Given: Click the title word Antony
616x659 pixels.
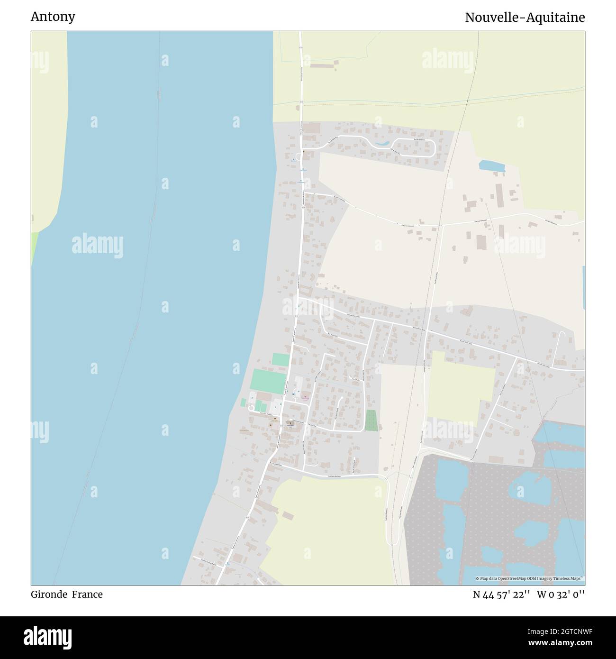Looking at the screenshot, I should (53, 17).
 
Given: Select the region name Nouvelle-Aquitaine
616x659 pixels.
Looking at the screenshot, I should (525, 18).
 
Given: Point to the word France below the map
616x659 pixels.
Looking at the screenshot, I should (87, 594).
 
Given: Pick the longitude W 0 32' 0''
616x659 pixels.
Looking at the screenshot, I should (561, 594).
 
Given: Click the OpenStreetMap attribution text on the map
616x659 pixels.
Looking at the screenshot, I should (530, 578).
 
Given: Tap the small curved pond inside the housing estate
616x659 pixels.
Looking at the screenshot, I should (382, 143).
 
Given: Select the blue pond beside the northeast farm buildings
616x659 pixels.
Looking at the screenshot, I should (491, 165).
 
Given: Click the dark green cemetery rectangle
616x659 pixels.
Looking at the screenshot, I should (371, 421).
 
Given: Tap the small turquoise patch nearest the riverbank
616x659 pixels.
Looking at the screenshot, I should (243, 403).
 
